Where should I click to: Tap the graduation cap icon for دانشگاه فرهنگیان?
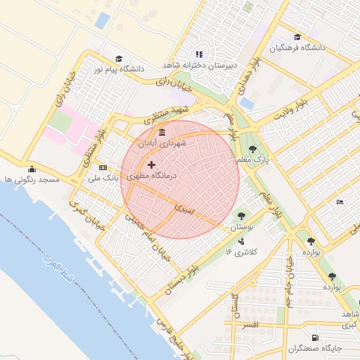click(x=297, y=37)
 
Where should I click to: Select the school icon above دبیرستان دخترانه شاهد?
click(x=199, y=53)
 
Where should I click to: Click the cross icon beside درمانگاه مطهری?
click(x=151, y=164)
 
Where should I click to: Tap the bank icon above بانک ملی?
click(x=103, y=167)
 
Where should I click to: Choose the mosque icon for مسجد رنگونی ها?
click(x=31, y=169)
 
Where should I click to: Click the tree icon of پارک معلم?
click(x=252, y=148)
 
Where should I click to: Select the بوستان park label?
click(x=241, y=229)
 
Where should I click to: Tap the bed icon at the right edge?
click(x=340, y=202)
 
